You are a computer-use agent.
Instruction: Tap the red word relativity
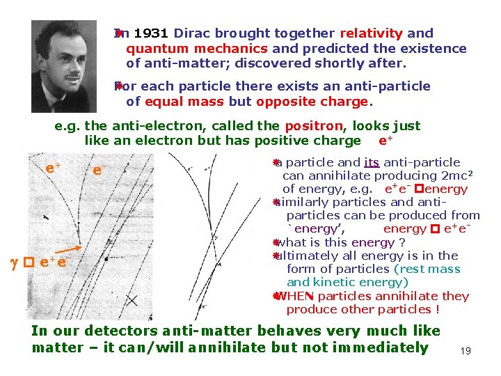coord(372,33)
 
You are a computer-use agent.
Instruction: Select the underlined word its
coord(372,162)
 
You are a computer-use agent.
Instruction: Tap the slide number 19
coord(466,351)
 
